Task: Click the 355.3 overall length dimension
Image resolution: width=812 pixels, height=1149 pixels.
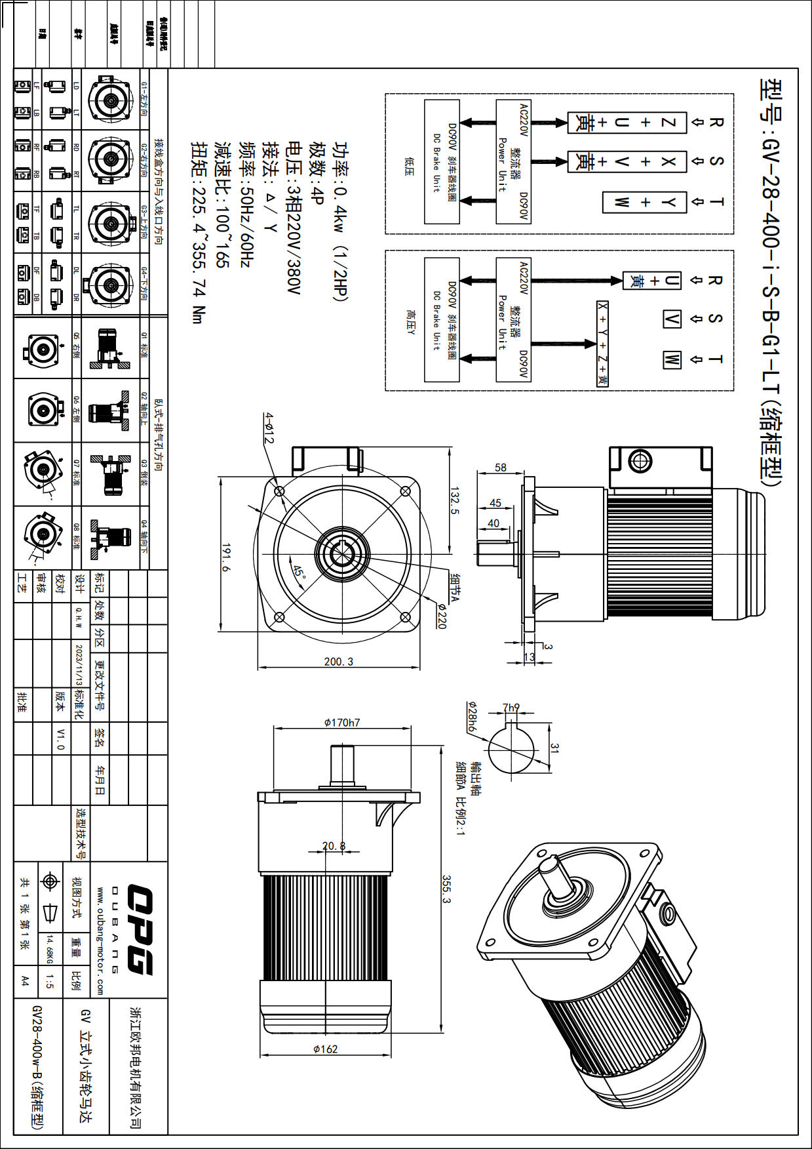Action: [x=446, y=889]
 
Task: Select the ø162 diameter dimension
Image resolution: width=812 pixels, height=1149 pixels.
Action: [x=325, y=1049]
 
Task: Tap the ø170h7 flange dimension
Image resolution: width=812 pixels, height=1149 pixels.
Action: [x=342, y=722]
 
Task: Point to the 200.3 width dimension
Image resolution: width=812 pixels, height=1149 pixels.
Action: [x=338, y=661]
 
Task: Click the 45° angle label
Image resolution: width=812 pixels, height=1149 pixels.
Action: [x=300, y=572]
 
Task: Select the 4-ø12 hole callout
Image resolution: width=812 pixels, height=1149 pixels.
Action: [x=269, y=428]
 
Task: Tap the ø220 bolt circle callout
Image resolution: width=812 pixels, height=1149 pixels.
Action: [x=441, y=616]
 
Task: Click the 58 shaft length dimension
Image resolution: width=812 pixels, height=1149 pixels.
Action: [x=501, y=468]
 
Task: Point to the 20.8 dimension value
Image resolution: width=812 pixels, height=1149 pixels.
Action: [x=334, y=846]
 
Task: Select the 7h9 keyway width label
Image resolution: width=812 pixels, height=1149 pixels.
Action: [x=511, y=708]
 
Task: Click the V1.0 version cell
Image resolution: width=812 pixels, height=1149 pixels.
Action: [x=60, y=738]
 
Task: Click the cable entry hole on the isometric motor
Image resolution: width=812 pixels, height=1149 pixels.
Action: [x=668, y=912]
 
